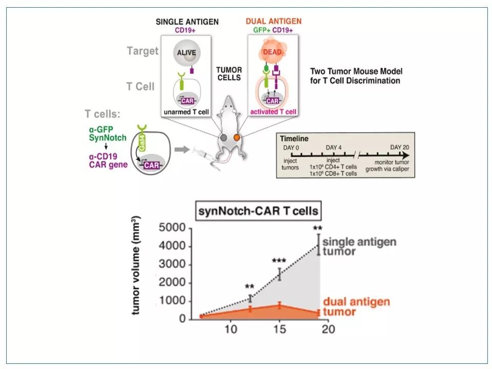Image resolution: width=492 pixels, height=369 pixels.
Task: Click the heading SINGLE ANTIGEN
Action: click(x=187, y=22)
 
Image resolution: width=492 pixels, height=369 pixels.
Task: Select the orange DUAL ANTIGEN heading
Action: click(x=274, y=22)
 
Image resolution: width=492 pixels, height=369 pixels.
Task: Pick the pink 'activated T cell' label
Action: click(x=273, y=112)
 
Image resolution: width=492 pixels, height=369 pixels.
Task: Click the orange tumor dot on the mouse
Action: click(x=237, y=137)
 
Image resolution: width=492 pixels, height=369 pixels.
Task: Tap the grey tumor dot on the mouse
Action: click(x=224, y=137)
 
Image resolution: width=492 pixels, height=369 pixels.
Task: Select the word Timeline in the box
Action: click(x=294, y=138)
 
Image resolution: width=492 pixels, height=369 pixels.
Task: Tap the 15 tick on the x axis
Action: click(x=279, y=329)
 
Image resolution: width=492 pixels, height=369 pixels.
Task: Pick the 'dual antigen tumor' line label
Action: click(x=356, y=306)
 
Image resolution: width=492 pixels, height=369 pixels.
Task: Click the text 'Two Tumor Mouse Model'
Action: click(x=357, y=71)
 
